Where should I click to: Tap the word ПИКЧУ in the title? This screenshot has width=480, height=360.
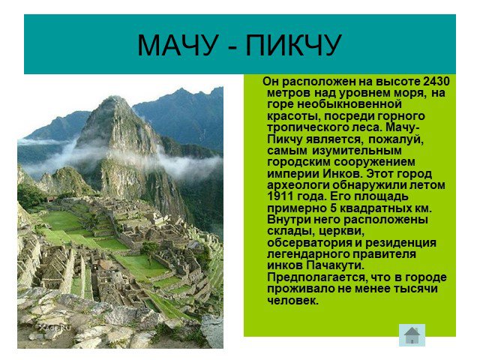pyautogui.click(x=293, y=45)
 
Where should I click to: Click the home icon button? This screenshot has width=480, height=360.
pyautogui.click(x=412, y=335)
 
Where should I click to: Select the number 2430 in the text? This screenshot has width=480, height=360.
pyautogui.click(x=436, y=82)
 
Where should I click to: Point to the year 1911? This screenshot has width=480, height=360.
pyautogui.click(x=280, y=196)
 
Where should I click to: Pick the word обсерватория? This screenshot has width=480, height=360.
pyautogui.click(x=309, y=242)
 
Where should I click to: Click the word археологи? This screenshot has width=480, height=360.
pyautogui.click(x=298, y=185)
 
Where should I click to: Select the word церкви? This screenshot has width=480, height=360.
pyautogui.click(x=342, y=231)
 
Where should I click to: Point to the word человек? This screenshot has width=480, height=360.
pyautogui.click(x=293, y=300)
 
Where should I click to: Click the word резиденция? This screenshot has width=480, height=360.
pyautogui.click(x=400, y=242)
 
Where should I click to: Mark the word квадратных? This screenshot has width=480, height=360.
pyautogui.click(x=375, y=208)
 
